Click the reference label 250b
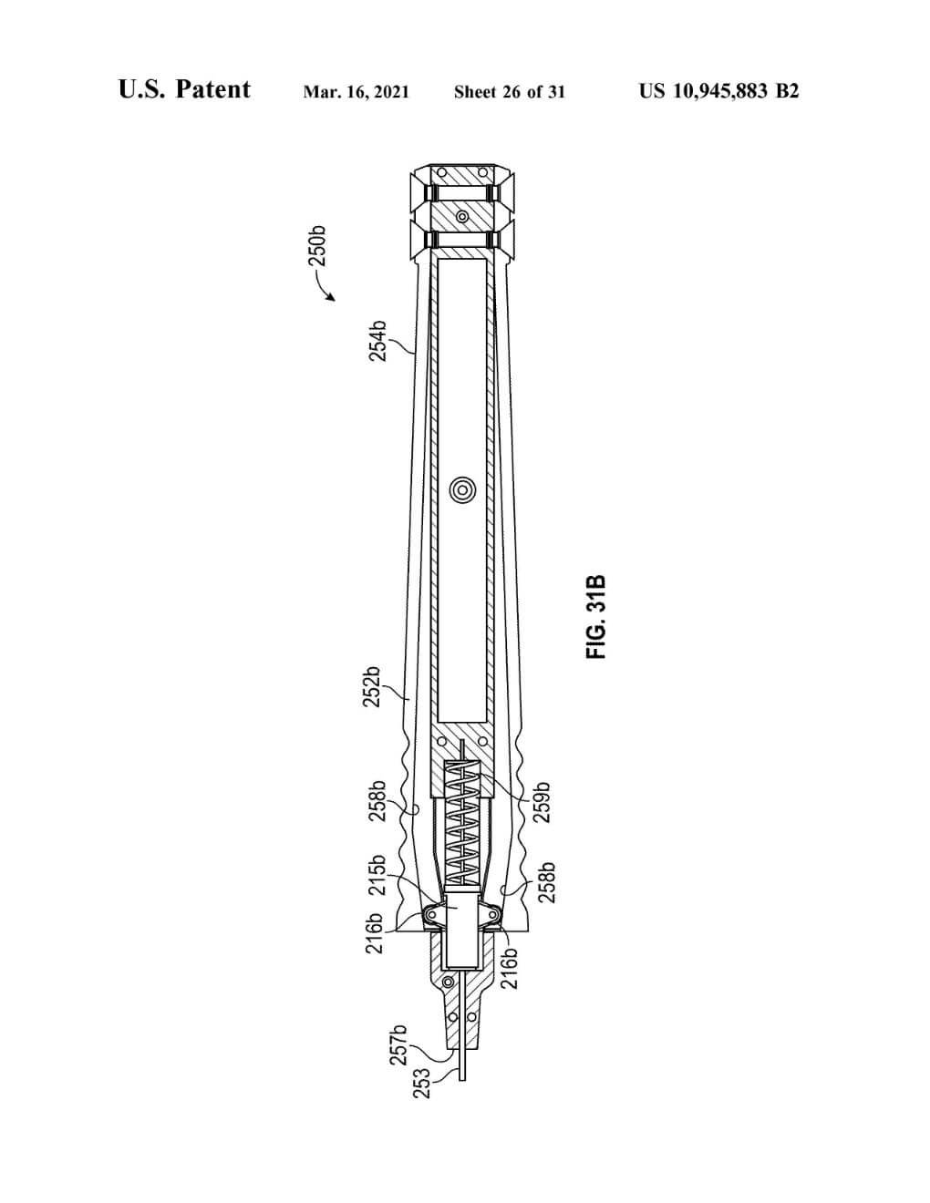pos(317,247)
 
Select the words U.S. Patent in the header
pos(184,89)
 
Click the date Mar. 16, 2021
pos(356,92)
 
